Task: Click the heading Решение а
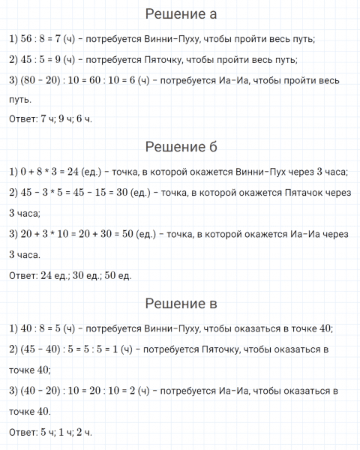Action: (x=180, y=14)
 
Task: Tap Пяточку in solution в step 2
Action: (x=218, y=349)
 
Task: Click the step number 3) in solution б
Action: (x=13, y=235)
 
